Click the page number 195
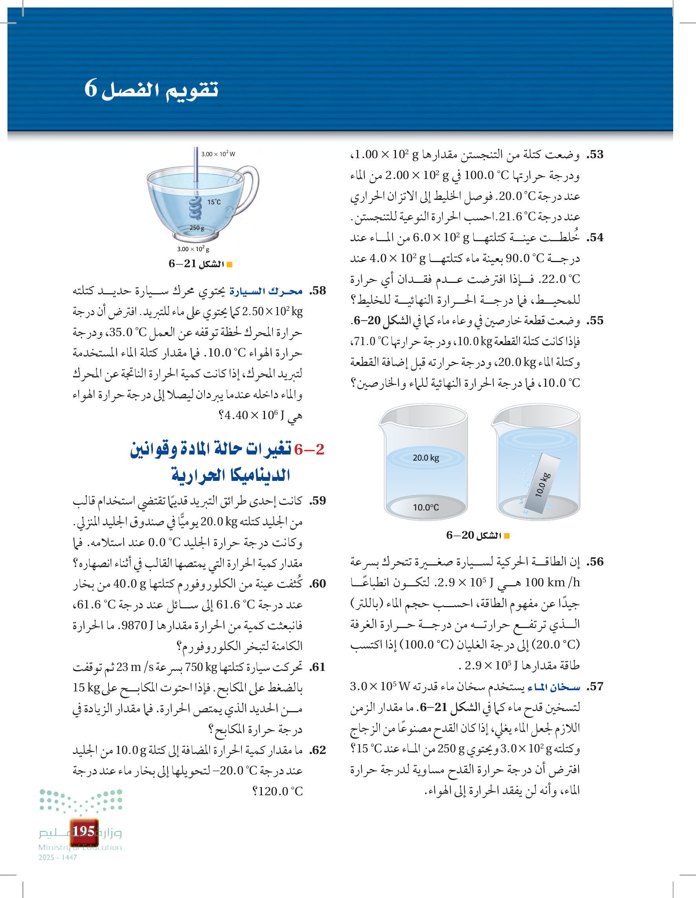tap(84, 831)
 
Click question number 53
tap(595, 155)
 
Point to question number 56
tap(595, 562)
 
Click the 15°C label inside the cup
tap(214, 202)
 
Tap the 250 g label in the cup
tap(197, 228)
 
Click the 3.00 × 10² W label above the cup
tap(218, 154)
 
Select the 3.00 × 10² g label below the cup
tap(193, 249)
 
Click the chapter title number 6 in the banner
tap(91, 89)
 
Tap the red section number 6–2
tap(309, 449)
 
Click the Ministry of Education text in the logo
tap(80, 847)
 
